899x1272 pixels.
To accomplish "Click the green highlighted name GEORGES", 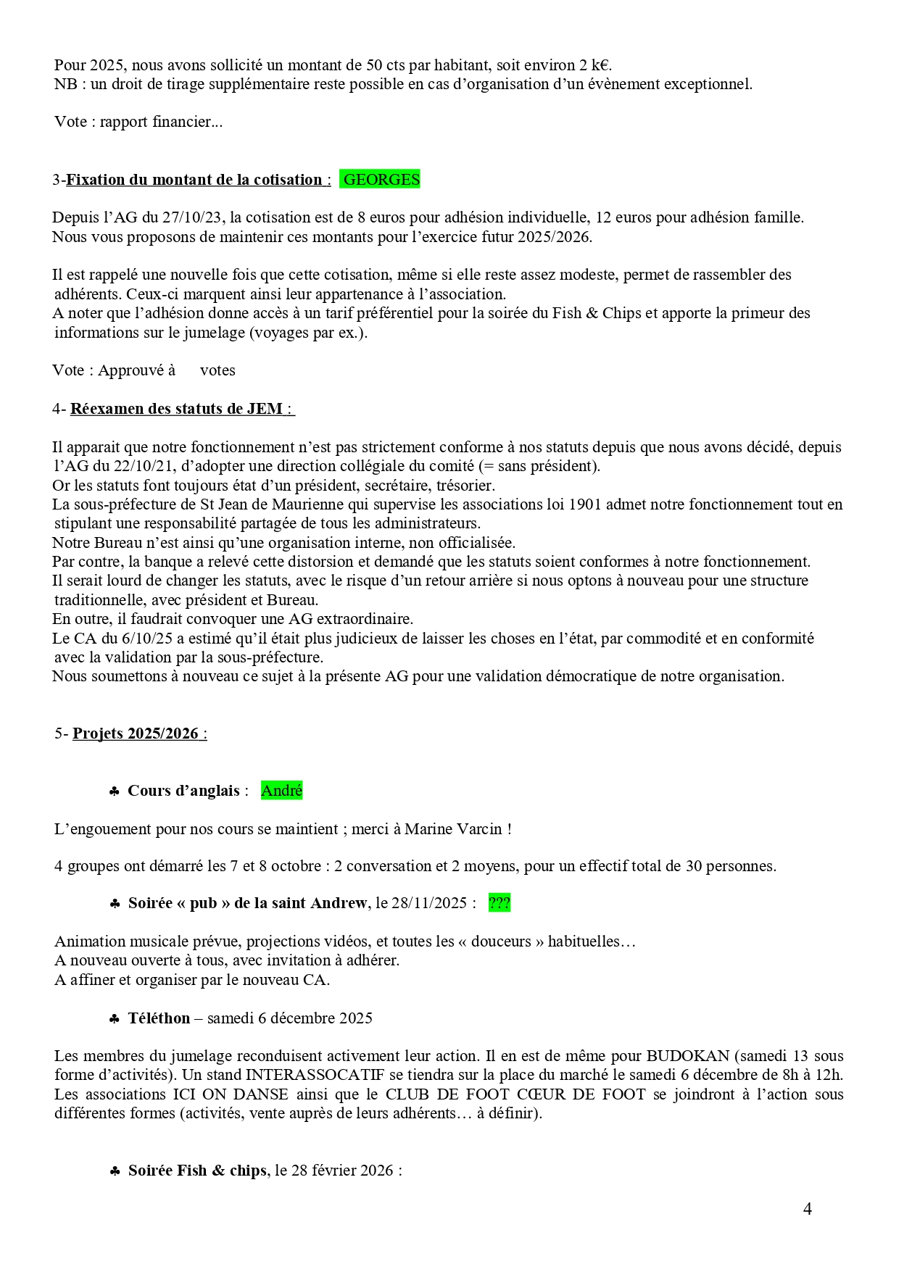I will pos(381,180).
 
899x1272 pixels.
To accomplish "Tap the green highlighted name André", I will pos(281,791).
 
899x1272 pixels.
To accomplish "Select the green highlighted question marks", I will pos(499,903).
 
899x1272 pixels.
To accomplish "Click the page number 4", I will pos(807,1208).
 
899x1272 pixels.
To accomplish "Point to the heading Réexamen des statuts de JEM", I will pos(176,409).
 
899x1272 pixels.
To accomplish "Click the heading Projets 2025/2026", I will pos(136,733).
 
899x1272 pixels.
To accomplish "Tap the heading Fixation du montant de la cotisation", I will pos(194,180).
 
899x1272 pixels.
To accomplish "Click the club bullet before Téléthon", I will pos(115,1019).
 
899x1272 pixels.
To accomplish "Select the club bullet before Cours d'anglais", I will pos(115,791).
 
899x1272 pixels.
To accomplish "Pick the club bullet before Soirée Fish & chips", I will pos(115,1171).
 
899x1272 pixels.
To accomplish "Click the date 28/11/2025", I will pos(428,903).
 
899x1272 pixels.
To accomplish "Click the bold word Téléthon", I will pos(159,1018).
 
